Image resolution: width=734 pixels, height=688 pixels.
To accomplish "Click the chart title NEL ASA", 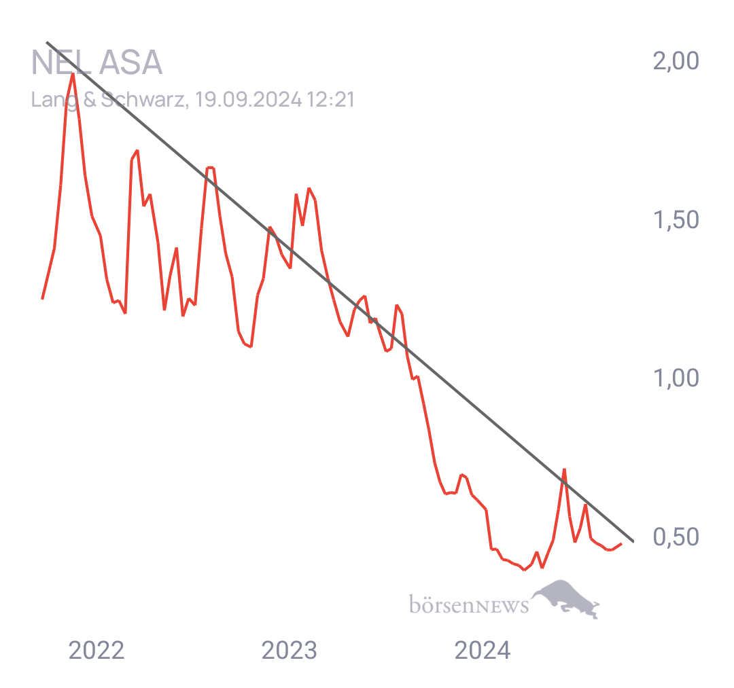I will click(x=97, y=63).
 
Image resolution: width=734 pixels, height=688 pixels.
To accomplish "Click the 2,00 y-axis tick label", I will click(x=676, y=61).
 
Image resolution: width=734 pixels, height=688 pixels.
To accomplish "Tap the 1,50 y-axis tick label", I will click(x=676, y=219).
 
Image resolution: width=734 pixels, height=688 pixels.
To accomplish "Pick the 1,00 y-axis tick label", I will click(x=676, y=378).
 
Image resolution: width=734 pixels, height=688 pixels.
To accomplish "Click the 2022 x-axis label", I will click(x=97, y=651).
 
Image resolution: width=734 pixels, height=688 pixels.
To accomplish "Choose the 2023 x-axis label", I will click(x=290, y=651).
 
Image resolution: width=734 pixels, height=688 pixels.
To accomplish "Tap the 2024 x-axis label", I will click(x=482, y=651).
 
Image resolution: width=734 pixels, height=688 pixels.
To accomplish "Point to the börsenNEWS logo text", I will click(x=469, y=604).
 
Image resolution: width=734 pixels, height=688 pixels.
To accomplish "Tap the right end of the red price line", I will click(x=621, y=543).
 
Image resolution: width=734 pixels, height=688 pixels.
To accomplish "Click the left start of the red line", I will click(x=42, y=298).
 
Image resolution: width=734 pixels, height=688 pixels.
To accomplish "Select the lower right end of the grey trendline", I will click(x=633, y=541).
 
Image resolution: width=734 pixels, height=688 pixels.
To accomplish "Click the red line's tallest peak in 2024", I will click(x=564, y=469).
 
